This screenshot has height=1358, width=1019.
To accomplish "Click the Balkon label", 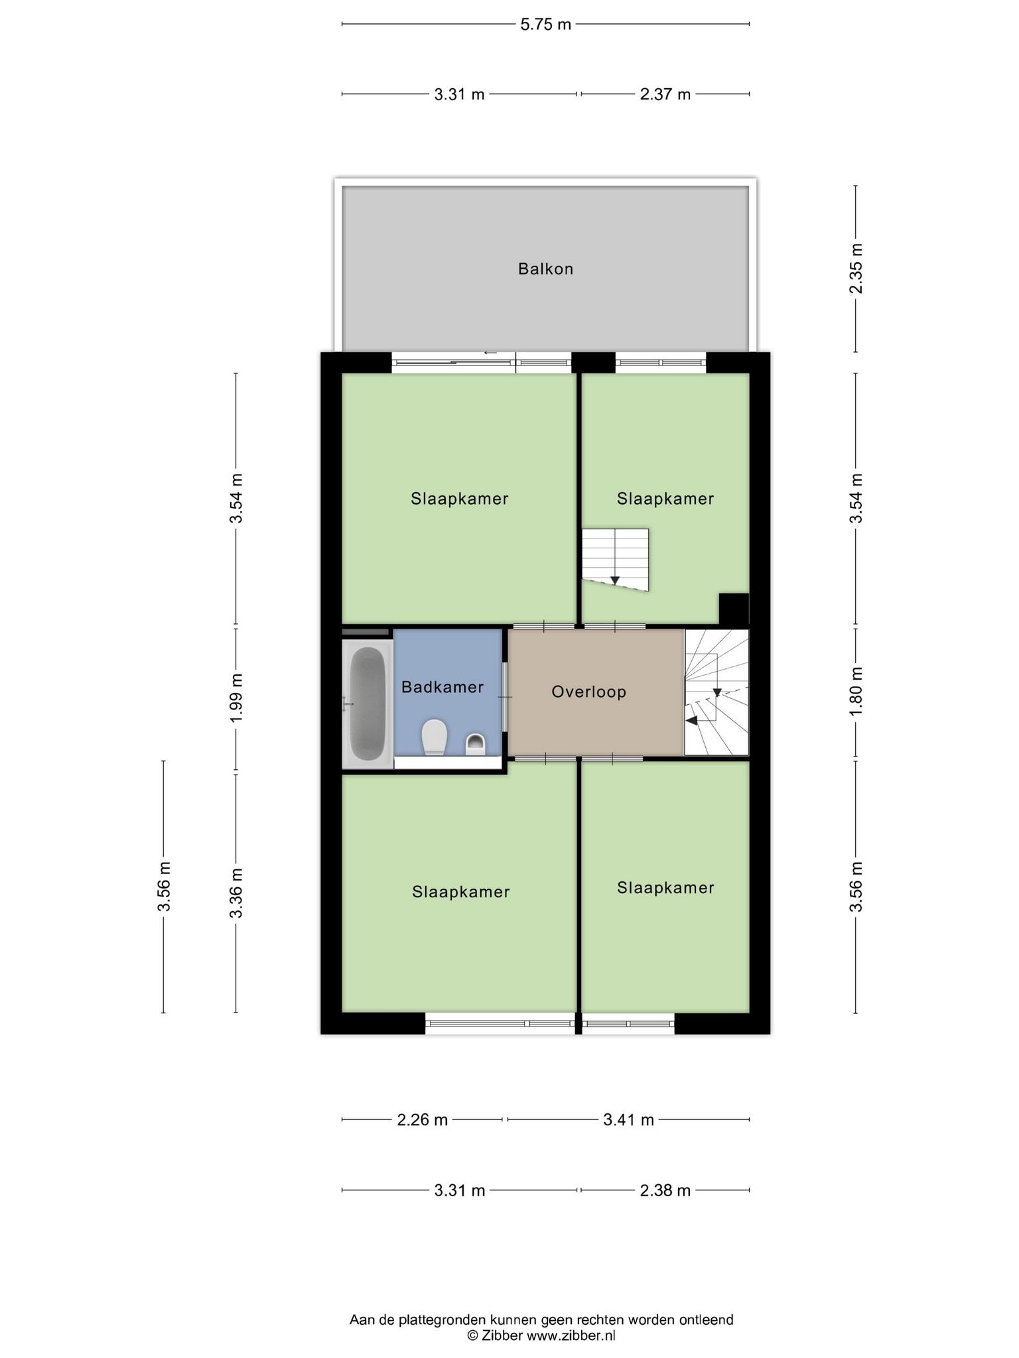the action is (x=545, y=269).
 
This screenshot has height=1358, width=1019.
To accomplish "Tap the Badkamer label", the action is (x=442, y=687).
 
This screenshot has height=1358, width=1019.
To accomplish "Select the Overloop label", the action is (x=589, y=692).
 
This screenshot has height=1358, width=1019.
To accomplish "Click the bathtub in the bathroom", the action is (x=367, y=704).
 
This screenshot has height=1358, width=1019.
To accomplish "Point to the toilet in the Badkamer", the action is (x=435, y=737).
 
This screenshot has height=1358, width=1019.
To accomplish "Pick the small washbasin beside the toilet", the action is (x=476, y=744).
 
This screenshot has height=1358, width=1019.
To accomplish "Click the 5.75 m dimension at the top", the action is (x=545, y=25).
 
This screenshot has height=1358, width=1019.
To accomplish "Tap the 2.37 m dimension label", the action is (x=665, y=94).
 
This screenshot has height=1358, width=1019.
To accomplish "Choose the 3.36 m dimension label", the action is (x=236, y=893).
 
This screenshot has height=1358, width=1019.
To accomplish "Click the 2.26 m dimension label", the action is (x=423, y=1120).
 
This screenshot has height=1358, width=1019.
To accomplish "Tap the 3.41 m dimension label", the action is (x=629, y=1120).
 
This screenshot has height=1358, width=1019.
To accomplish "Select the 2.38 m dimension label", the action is (x=665, y=1190).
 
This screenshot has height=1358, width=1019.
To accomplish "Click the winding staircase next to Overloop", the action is (x=716, y=692).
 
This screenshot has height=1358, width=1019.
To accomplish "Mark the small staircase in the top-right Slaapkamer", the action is (x=615, y=559).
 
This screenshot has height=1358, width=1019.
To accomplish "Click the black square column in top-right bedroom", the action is (x=734, y=609).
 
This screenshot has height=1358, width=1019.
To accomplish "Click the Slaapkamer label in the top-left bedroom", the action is (x=459, y=499).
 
